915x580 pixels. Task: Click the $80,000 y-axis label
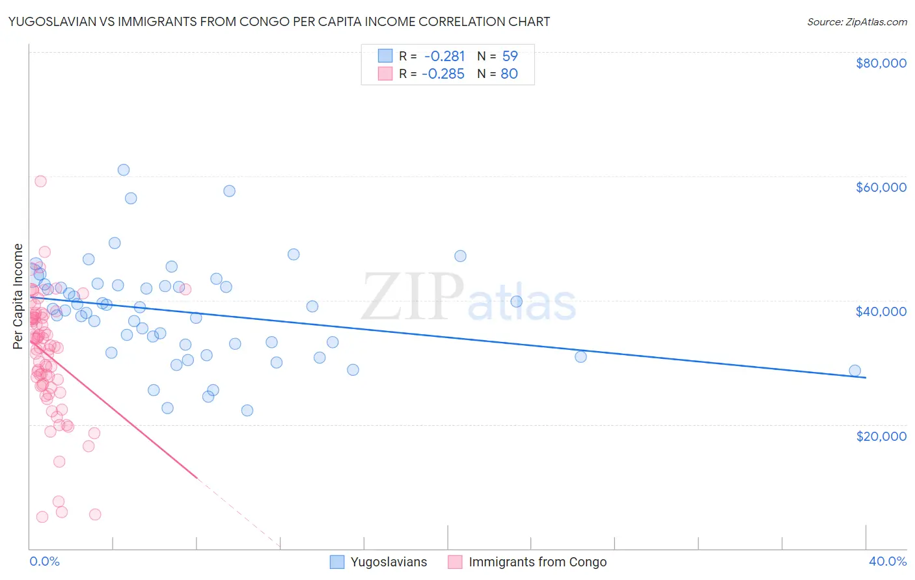[881, 63]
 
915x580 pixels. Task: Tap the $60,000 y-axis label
[881, 187]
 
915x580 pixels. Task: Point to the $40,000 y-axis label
[881, 311]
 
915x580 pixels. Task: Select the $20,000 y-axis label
[881, 436]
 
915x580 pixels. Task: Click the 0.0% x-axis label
[44, 561]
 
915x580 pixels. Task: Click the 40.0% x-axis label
[887, 561]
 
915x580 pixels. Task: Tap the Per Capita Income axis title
[18, 296]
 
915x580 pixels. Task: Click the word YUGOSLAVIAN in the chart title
[56, 21]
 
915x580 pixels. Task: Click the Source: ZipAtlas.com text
[856, 21]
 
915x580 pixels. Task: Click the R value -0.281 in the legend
[444, 56]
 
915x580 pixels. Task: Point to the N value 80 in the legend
[509, 73]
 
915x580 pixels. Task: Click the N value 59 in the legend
[510, 56]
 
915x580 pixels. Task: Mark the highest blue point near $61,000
[123, 170]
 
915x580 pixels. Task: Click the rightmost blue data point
[854, 371]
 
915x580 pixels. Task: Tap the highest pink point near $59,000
[40, 181]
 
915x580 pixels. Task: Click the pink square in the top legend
[385, 73]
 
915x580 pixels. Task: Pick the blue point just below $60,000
[229, 191]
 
